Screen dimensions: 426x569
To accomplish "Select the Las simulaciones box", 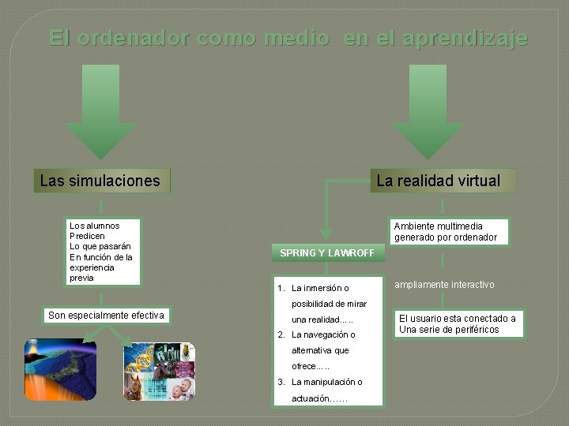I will pyautogui.click(x=100, y=181).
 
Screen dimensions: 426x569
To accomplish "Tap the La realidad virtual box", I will pyautogui.click(x=438, y=181).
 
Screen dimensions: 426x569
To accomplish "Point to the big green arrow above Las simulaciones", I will pyautogui.click(x=100, y=111).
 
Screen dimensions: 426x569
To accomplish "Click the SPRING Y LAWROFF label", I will pyautogui.click(x=327, y=252).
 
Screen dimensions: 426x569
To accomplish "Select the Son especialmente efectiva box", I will pyautogui.click(x=106, y=316).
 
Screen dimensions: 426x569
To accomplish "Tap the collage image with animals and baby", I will pyautogui.click(x=159, y=371).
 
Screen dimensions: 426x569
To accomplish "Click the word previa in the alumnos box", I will pyautogui.click(x=81, y=278).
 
